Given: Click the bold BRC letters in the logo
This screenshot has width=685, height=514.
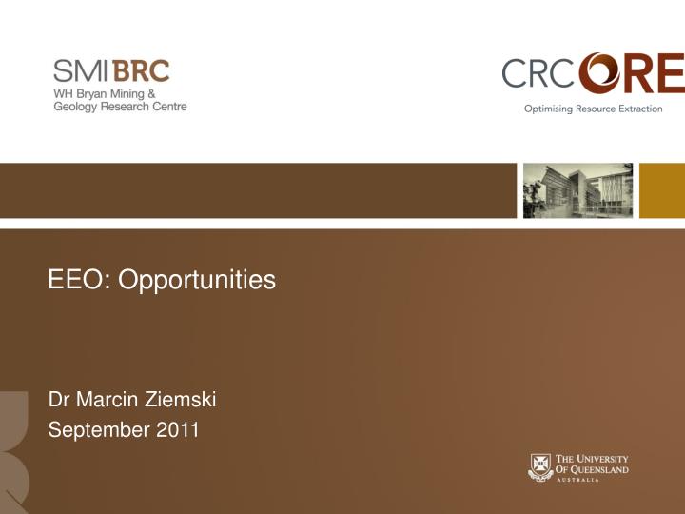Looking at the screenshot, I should pos(141,71).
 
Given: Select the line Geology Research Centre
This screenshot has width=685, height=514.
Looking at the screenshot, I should pos(120,107).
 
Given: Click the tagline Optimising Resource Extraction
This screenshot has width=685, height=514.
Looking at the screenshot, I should pos(593,109).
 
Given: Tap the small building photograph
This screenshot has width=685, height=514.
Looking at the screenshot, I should pos(577,190).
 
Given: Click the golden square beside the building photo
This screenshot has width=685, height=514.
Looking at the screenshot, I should pos(662,190).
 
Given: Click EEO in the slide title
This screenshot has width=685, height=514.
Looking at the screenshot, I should pos(71,280).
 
